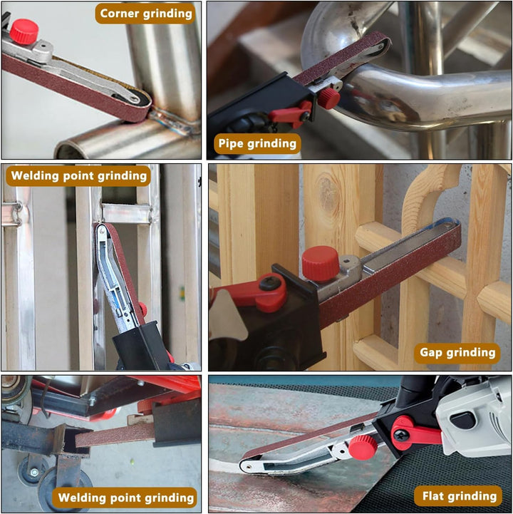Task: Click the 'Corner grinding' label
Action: (145, 14)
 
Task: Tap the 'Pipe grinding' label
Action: (257, 143)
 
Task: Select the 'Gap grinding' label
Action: (457, 353)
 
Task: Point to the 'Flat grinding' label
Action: (460, 496)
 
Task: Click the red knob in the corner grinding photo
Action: (24, 31)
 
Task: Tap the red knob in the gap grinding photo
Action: (320, 264)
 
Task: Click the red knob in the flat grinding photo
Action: (363, 448)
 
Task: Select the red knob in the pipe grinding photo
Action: (329, 98)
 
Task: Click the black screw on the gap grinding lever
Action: (271, 283)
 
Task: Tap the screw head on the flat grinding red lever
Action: (401, 435)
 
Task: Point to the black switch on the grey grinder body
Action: (462, 420)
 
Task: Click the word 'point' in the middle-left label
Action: (78, 175)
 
